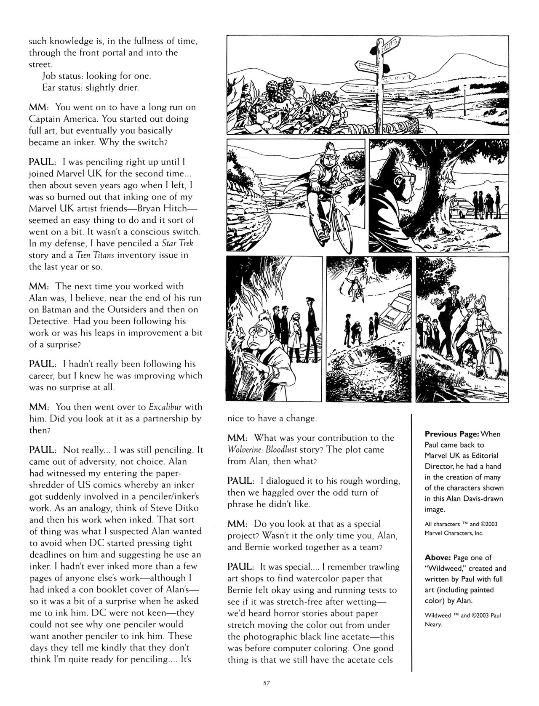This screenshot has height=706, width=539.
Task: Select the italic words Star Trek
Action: point(178,243)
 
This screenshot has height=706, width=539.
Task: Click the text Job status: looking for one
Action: point(91,76)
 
